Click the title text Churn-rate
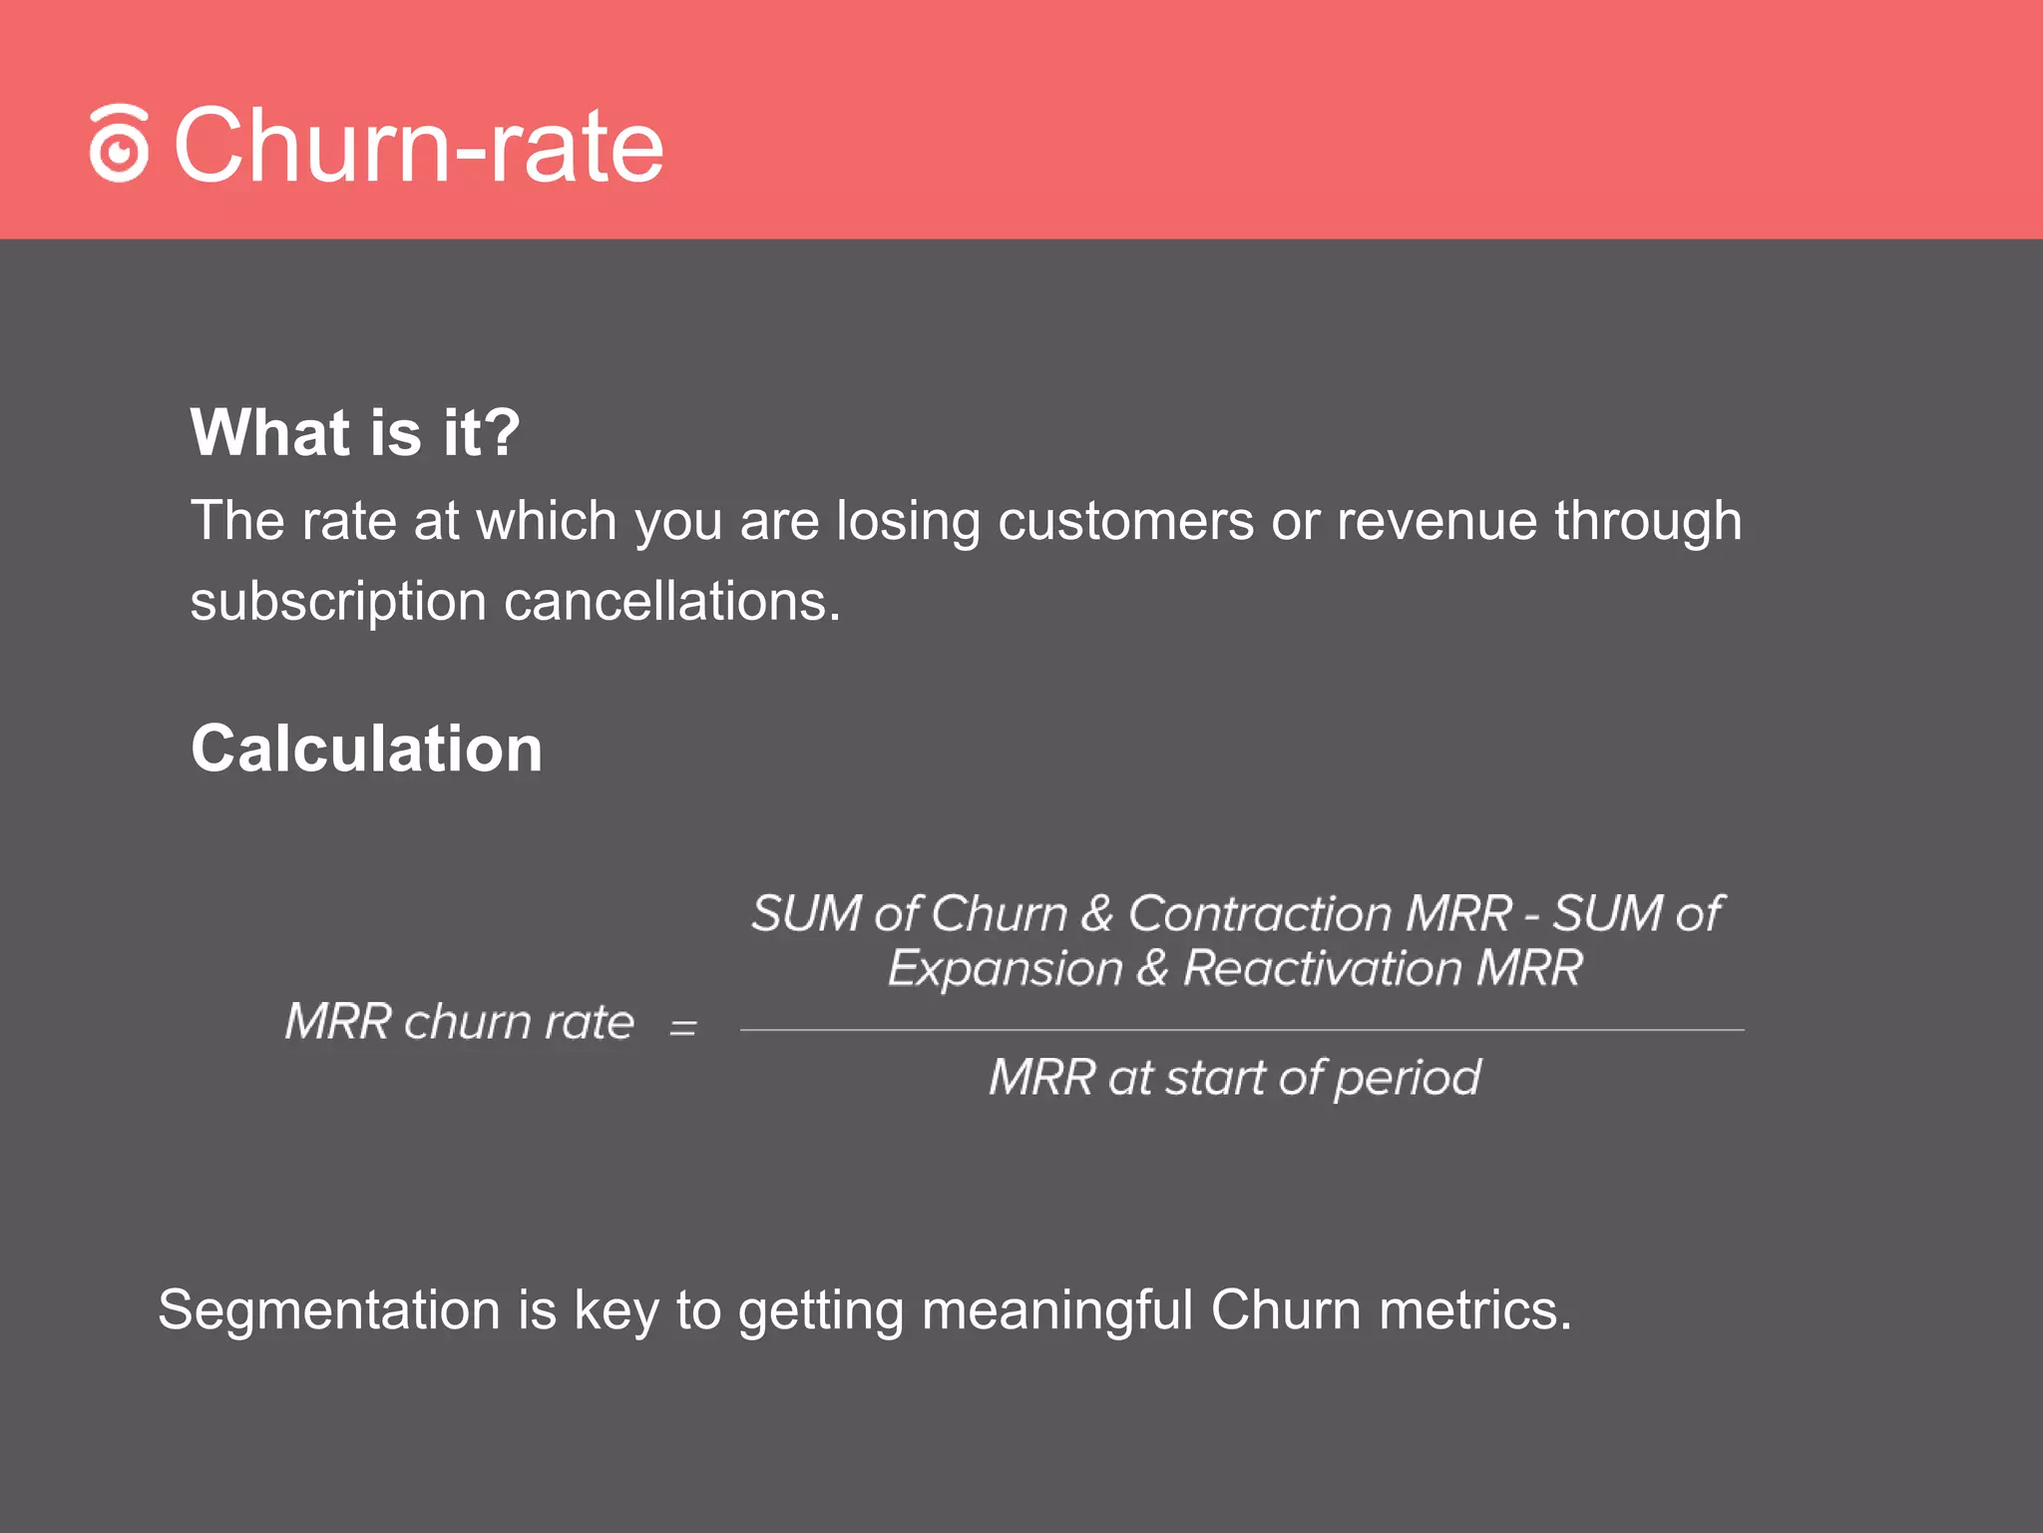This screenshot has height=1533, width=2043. click(x=419, y=146)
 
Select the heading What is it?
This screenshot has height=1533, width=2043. click(x=355, y=432)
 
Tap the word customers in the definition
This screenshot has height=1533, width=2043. click(x=1125, y=521)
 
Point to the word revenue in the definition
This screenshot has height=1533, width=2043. click(x=1436, y=521)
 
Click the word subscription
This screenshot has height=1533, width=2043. click(x=337, y=602)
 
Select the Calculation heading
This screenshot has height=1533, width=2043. click(x=366, y=749)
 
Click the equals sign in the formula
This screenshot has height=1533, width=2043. click(x=683, y=1027)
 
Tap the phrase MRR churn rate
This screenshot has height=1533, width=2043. click(x=460, y=1022)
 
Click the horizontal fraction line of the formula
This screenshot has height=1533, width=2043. click(x=1242, y=1030)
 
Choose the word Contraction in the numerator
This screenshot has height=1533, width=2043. click(x=1260, y=913)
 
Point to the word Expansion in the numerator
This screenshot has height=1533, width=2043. click(x=1006, y=968)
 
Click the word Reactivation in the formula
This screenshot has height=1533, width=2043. click(x=1322, y=968)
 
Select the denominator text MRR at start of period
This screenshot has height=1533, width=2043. click(x=1235, y=1078)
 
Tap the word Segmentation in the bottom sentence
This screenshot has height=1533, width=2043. click(x=329, y=1309)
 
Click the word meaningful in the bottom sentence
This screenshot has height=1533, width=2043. click(x=1057, y=1309)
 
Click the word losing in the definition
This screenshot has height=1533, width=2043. click(x=908, y=521)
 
